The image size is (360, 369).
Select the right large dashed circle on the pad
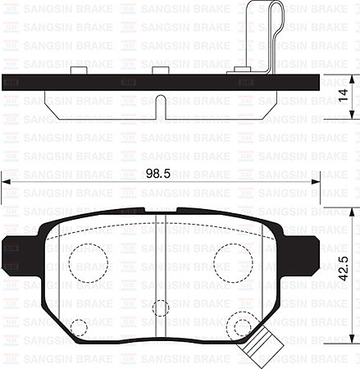click(x=232, y=262)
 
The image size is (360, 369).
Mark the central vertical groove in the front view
click(x=160, y=271)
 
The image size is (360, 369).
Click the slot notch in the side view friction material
click(x=162, y=107)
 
